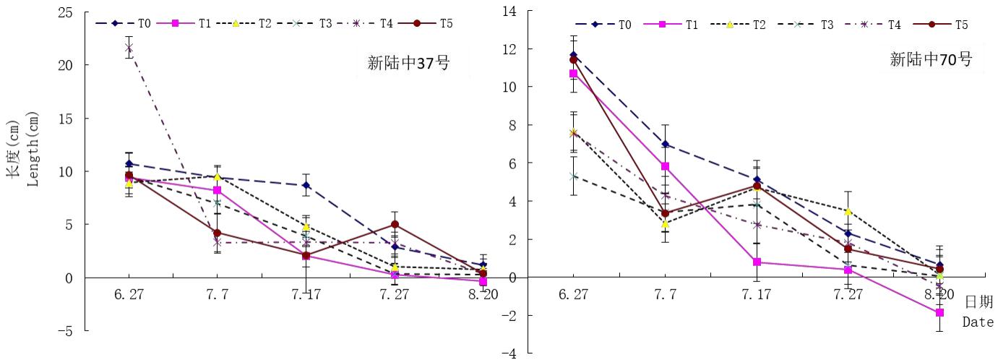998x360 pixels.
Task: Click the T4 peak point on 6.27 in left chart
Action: point(129,48)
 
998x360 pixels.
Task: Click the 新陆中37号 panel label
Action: point(408,64)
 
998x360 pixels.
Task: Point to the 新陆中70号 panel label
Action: point(930,60)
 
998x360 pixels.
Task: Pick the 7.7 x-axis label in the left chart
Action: point(217,295)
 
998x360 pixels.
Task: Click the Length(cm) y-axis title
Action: point(33,150)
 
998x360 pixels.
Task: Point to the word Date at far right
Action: point(978,322)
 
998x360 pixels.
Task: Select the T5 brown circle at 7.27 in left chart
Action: point(395,225)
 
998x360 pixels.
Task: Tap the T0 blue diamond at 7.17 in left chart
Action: point(306,185)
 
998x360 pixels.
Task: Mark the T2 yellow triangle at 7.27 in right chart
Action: point(848,211)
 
